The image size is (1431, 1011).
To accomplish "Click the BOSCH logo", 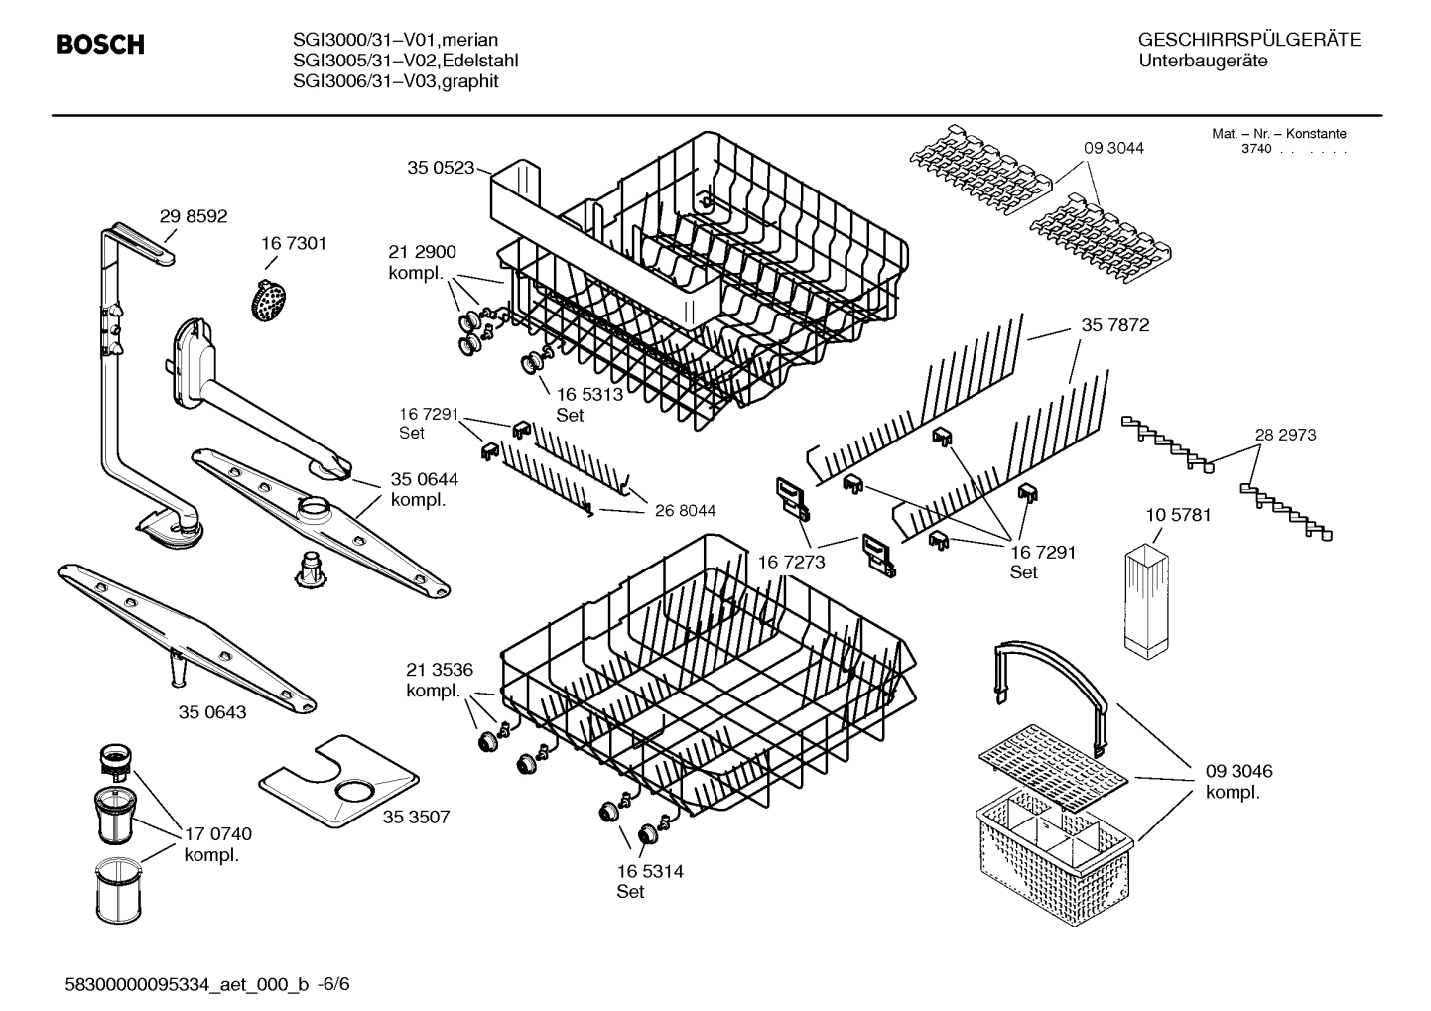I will click(99, 45).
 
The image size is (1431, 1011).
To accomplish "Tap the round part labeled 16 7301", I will click(266, 298).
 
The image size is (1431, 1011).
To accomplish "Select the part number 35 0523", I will click(441, 168).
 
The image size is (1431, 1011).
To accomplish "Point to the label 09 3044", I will click(1113, 148).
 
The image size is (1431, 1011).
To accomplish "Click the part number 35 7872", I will click(1114, 325).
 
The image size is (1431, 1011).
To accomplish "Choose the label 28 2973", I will click(1285, 435).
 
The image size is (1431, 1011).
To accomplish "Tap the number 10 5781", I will click(1178, 515).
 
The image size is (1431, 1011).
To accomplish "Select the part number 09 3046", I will click(1238, 771).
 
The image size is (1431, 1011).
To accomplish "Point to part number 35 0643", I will click(212, 712).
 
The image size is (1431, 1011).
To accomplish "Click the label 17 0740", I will click(218, 834).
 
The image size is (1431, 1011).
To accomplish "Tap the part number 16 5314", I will click(650, 871).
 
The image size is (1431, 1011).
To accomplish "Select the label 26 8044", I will click(685, 510).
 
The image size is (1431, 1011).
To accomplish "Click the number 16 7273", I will click(791, 563).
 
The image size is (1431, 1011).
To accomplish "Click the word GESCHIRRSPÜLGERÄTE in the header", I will click(1248, 40).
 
